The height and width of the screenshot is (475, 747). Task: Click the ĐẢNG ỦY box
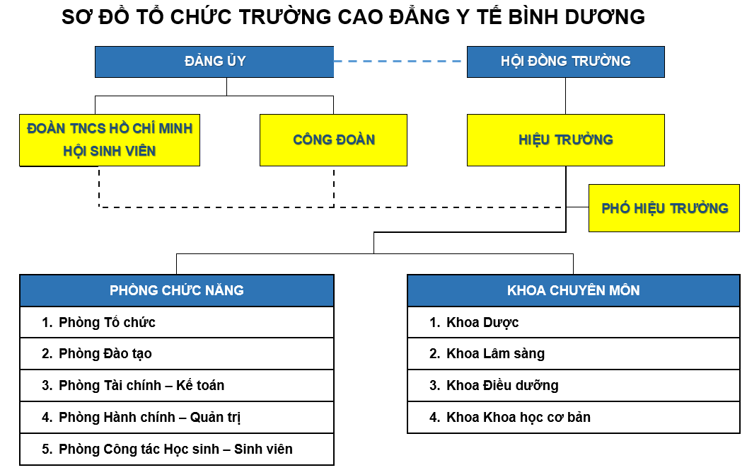point(214,62)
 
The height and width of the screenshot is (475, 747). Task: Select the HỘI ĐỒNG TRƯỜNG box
point(565,62)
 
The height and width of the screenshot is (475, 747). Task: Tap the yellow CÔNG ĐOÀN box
point(333,140)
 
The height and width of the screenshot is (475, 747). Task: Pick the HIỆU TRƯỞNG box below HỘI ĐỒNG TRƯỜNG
point(565,140)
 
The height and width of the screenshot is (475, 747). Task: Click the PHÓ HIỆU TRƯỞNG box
point(664,208)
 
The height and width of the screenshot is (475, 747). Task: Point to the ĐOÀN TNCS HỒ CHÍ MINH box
point(110,140)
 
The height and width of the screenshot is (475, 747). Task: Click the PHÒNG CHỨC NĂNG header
point(177,290)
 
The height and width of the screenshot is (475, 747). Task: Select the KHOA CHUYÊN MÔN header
point(574,290)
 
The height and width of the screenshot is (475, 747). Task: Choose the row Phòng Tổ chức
point(177,322)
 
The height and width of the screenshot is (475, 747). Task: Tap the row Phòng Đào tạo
point(177,354)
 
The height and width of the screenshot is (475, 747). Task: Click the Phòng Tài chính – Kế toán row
point(177,385)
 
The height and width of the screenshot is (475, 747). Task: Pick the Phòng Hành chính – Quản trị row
point(177,417)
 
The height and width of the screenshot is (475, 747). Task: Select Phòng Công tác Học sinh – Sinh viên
point(177,450)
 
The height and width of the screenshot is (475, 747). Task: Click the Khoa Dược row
point(574,322)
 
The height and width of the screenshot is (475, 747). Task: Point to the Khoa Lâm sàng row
point(574,354)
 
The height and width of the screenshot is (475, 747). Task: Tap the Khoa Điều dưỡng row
point(574,385)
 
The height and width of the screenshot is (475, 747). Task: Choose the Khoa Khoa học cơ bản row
point(574,417)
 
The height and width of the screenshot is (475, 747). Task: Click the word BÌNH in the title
point(533,17)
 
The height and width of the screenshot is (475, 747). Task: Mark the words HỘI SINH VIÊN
point(110,151)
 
